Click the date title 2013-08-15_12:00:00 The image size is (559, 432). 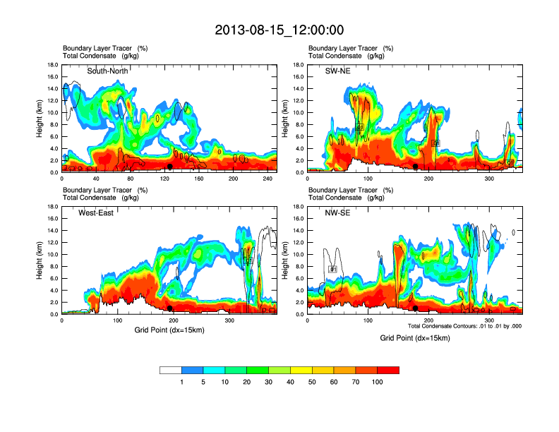pyautogui.click(x=279, y=30)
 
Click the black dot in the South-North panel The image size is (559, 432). pyautogui.click(x=169, y=167)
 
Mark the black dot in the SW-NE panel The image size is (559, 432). pyautogui.click(x=416, y=167)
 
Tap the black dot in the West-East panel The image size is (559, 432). pyautogui.click(x=169, y=308)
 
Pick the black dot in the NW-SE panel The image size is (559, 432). pyautogui.click(x=416, y=308)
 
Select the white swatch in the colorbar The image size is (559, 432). pyautogui.click(x=171, y=370)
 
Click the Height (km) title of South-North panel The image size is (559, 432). pyautogui.click(x=40, y=119)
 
